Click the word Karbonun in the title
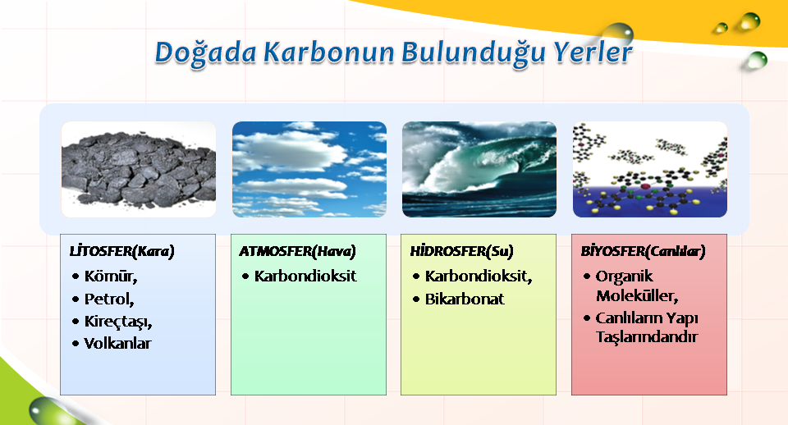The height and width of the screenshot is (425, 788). pyautogui.click(x=330, y=52)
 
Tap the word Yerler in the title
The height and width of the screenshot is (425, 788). pyautogui.click(x=593, y=52)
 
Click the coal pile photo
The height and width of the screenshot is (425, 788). pyautogui.click(x=139, y=169)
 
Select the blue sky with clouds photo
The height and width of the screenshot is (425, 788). pyautogui.click(x=309, y=169)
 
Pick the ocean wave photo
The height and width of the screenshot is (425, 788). pyautogui.click(x=479, y=169)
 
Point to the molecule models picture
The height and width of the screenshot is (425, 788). pyautogui.click(x=650, y=169)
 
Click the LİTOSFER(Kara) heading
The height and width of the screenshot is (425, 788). pyautogui.click(x=122, y=251)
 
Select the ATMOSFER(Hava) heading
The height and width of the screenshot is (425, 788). pyautogui.click(x=297, y=251)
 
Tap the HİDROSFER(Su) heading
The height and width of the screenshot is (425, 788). pyautogui.click(x=462, y=251)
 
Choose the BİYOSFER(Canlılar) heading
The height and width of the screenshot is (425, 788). pyautogui.click(x=644, y=251)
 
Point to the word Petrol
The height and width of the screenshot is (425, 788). pyautogui.click(x=109, y=299)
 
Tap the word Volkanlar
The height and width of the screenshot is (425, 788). pyautogui.click(x=117, y=344)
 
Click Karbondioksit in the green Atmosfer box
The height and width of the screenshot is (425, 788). pyautogui.click(x=305, y=276)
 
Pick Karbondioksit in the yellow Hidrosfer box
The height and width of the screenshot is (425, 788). pyautogui.click(x=479, y=276)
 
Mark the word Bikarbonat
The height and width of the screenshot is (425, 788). pyautogui.click(x=465, y=299)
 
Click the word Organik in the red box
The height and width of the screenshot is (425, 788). pyautogui.click(x=624, y=276)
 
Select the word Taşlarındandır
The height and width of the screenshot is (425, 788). pyautogui.click(x=647, y=336)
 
